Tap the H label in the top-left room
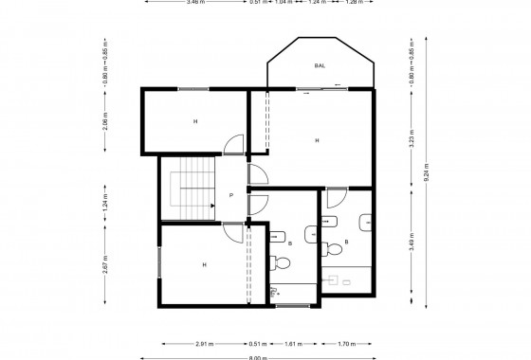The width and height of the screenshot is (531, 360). point(195,121)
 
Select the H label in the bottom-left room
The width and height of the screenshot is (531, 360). point(203,265)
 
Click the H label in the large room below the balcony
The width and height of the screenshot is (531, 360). point(316,140)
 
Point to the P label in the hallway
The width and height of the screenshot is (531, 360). point(231,196)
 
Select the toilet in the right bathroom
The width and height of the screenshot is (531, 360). point(332,249)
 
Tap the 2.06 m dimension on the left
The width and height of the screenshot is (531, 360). point(105,120)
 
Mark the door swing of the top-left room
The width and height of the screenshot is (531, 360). point(231,145)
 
